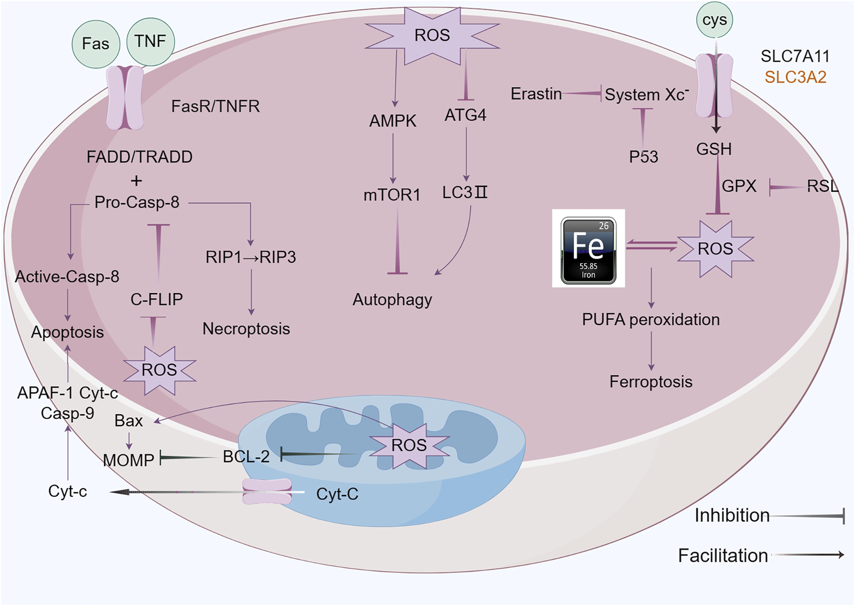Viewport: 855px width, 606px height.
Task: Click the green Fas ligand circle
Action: click(96, 44)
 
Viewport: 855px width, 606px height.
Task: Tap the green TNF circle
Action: click(151, 42)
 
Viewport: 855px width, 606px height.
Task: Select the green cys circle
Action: click(715, 20)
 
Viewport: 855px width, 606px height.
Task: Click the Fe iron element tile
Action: click(588, 249)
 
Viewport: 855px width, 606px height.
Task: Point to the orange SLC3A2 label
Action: click(795, 77)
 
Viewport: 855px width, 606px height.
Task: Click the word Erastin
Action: click(536, 94)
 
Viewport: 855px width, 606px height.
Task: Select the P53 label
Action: click(643, 157)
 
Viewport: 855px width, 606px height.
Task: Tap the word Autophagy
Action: click(392, 300)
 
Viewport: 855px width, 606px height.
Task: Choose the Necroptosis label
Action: click(246, 329)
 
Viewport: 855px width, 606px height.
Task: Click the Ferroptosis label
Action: click(650, 382)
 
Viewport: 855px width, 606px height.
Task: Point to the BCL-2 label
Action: click(246, 456)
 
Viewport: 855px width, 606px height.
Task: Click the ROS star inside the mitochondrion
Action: click(409, 445)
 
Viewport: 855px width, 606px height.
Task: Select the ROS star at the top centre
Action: click(432, 35)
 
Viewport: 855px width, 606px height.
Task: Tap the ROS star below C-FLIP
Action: click(159, 370)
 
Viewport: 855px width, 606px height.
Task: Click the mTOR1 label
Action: click(392, 195)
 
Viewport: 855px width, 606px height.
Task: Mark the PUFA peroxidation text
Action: click(650, 320)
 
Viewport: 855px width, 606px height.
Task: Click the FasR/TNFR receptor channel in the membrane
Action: click(125, 98)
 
